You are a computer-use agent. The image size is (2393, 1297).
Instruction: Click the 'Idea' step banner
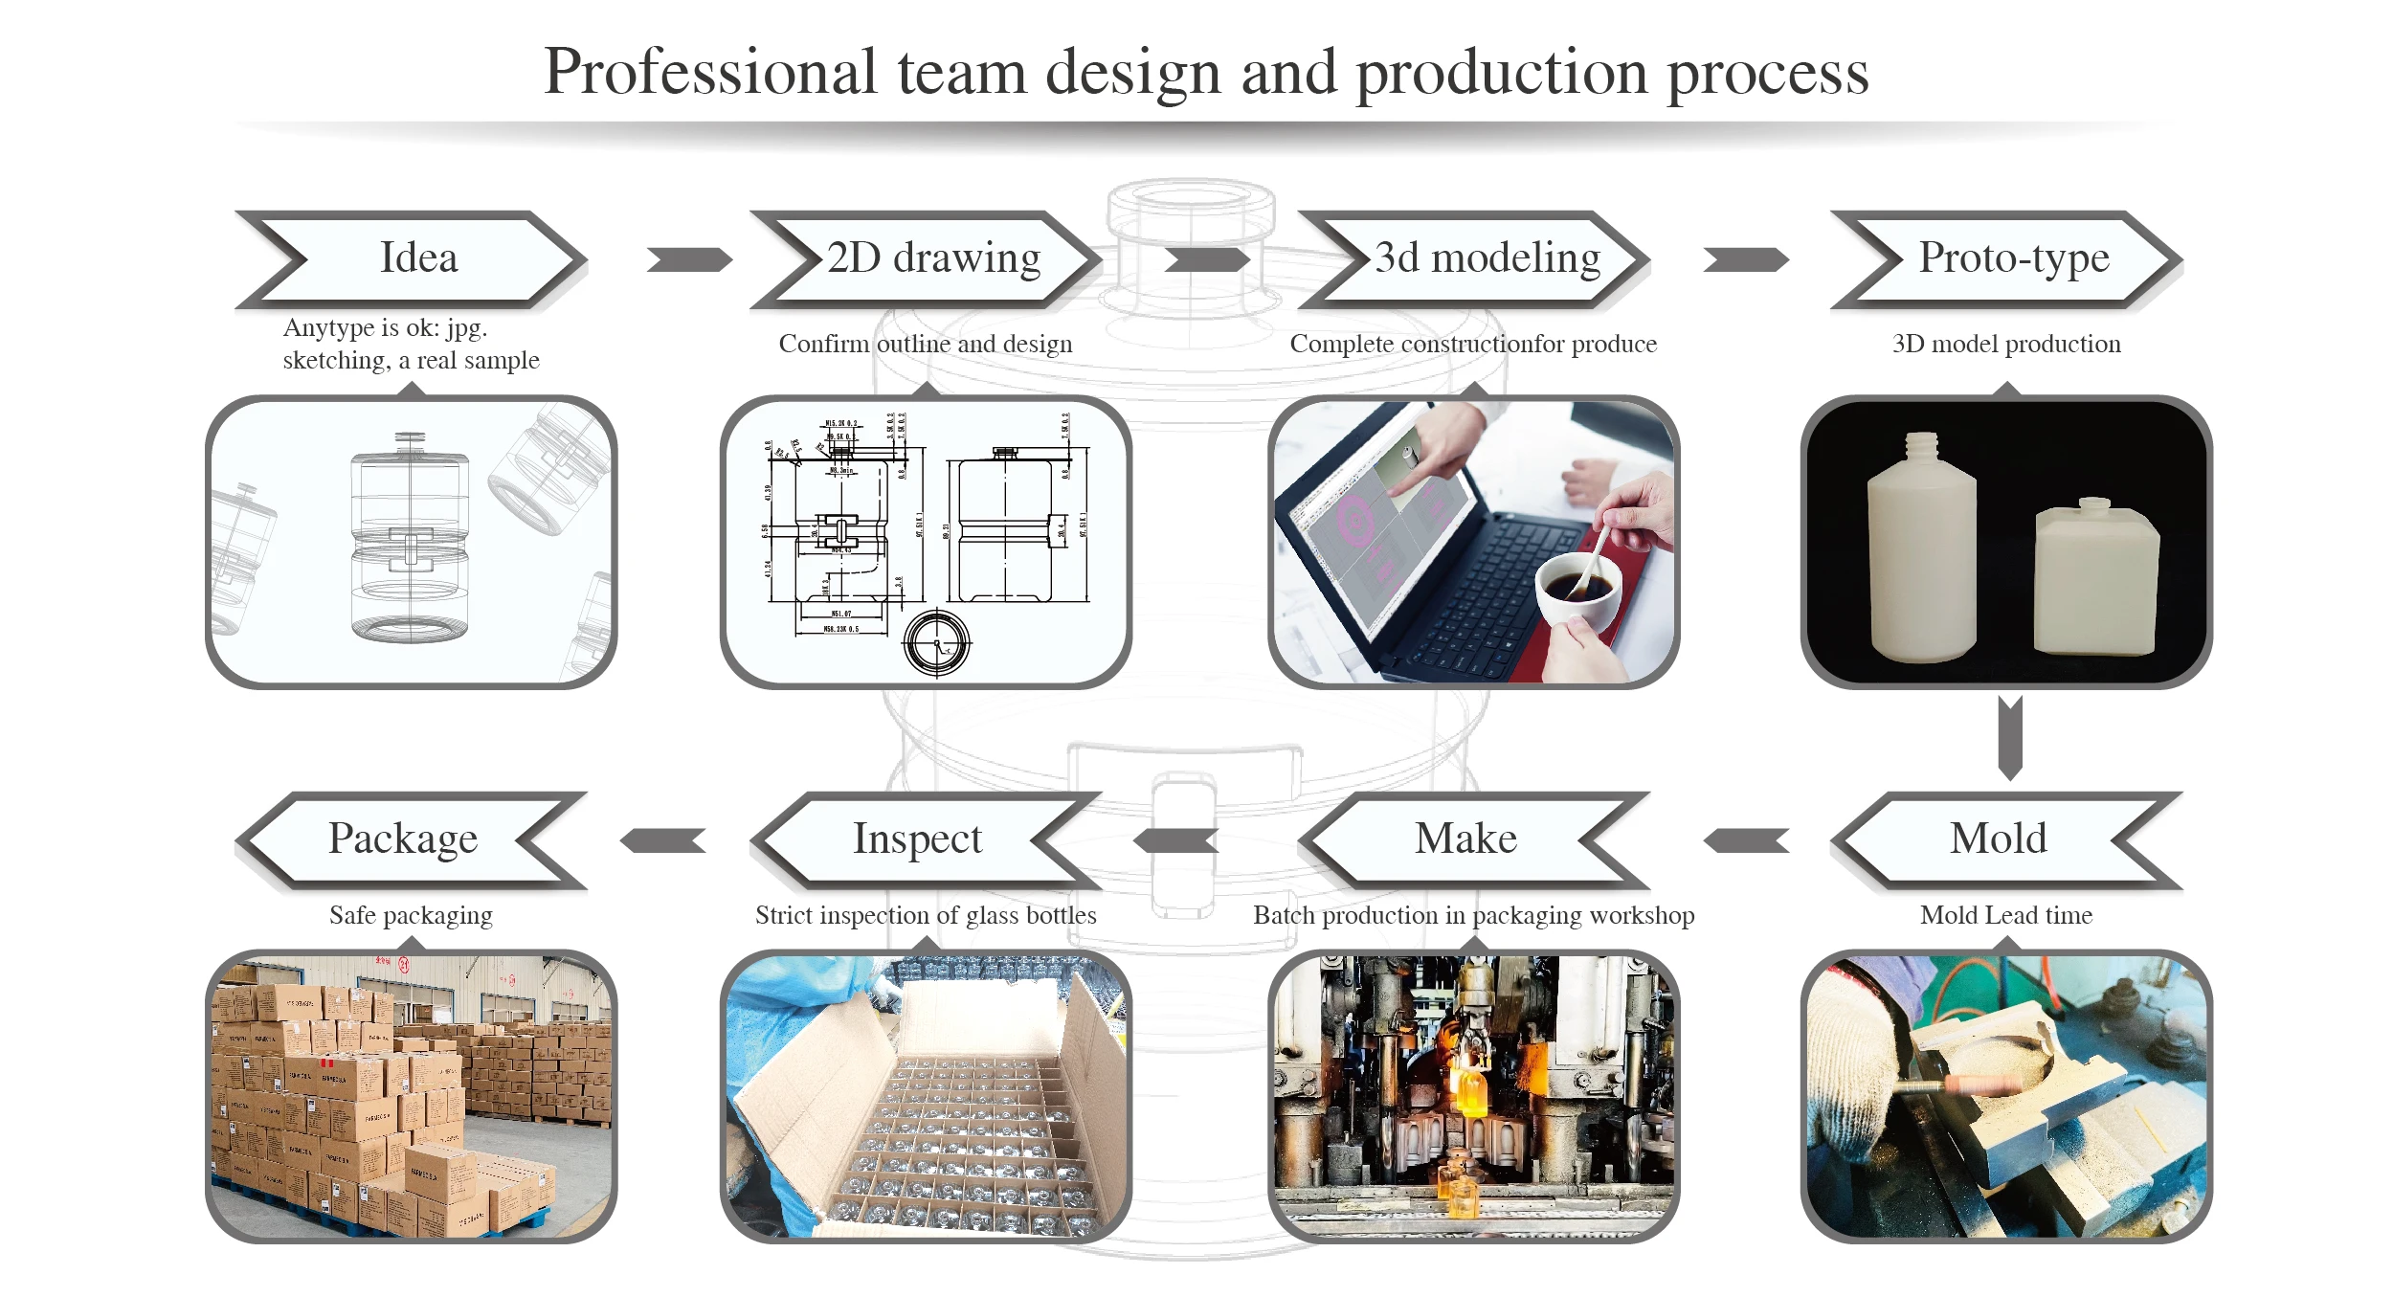coord(412,259)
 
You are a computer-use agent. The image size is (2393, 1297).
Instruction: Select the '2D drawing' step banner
coord(927,259)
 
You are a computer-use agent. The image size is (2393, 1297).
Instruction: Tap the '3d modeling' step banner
coord(1475,259)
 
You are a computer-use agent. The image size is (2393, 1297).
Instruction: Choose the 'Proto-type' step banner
coord(2007,259)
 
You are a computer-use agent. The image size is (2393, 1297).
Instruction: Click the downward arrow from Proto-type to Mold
coord(2010,738)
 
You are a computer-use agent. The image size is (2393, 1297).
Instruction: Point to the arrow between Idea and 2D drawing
coord(689,259)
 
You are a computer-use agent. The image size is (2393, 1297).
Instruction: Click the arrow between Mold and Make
coord(1746,840)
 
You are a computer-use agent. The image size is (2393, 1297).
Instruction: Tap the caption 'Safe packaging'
coord(411,915)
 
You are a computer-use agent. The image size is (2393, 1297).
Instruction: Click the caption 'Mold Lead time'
coord(2006,915)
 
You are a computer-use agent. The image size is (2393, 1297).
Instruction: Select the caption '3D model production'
coord(2006,344)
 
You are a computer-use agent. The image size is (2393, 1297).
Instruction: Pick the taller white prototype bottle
coord(1921,555)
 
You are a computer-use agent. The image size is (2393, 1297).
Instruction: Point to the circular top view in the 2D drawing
coord(937,643)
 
